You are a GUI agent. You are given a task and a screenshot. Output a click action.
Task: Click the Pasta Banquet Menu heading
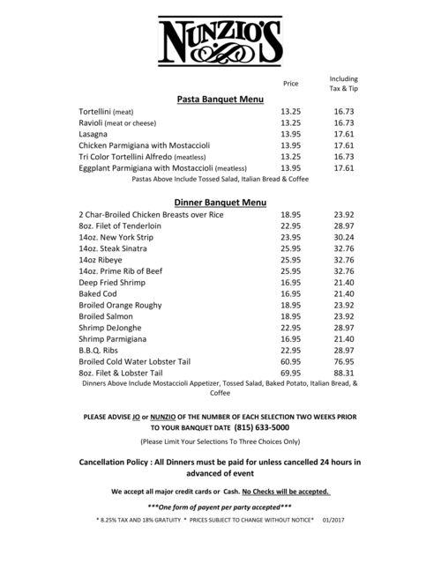(220, 100)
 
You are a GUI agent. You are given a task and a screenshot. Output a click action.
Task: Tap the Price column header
(290, 84)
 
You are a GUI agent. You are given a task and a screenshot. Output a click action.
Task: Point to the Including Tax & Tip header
(343, 84)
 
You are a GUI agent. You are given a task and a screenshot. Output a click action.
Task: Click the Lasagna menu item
(93, 134)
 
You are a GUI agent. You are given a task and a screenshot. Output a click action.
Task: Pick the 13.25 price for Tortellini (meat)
(290, 112)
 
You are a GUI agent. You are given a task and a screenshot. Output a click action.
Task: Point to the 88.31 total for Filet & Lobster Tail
(343, 373)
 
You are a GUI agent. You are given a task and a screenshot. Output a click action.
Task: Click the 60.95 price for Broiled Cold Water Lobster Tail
(290, 361)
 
